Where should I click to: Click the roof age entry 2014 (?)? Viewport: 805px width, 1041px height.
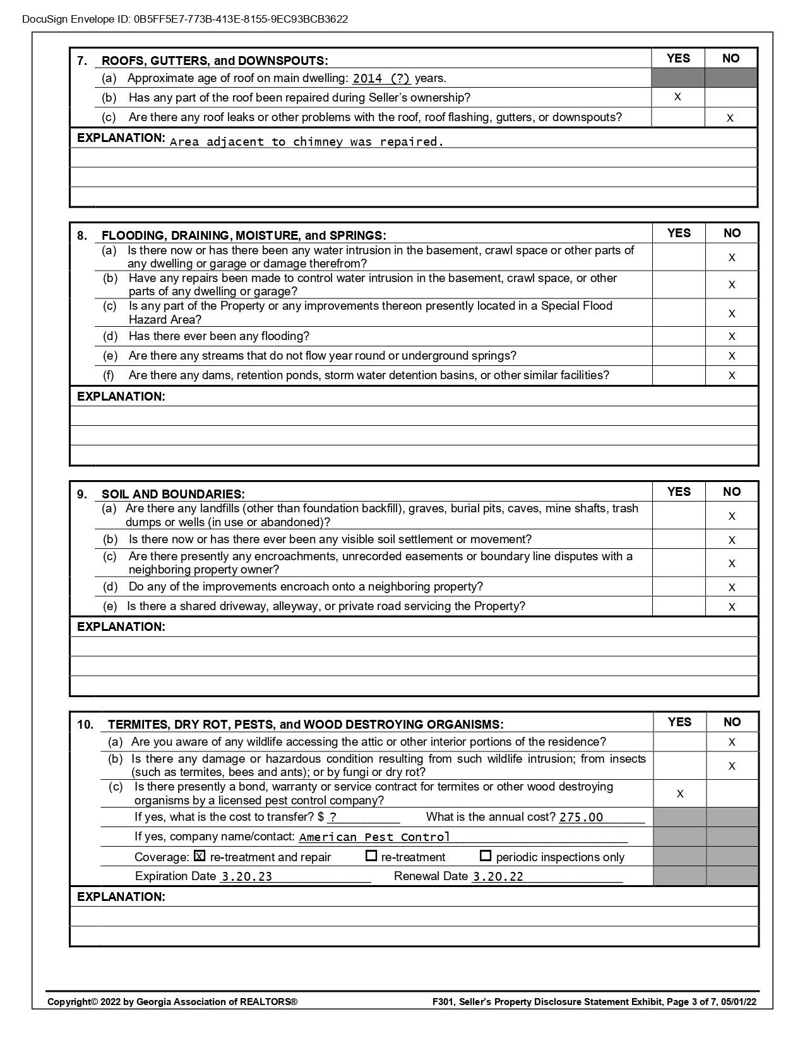pos(381,79)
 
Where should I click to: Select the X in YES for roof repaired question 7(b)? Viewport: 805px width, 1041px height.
pos(677,97)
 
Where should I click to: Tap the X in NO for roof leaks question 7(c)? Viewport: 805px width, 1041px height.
pos(730,118)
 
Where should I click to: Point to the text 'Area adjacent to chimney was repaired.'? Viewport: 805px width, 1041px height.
pos(307,142)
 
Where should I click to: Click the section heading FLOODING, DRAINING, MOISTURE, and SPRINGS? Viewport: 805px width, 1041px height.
pos(244,235)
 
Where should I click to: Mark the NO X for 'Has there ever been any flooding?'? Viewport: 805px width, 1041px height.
pos(732,337)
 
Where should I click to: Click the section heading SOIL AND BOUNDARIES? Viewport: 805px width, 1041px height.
pos(173,494)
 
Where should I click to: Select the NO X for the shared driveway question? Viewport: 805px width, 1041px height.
pos(732,607)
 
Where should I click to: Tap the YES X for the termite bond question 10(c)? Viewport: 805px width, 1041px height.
pos(680,794)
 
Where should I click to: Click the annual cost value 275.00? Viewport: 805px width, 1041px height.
pos(581,818)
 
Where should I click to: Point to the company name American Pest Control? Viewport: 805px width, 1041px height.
pos(374,837)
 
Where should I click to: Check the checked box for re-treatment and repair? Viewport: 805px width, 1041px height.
pos(200,857)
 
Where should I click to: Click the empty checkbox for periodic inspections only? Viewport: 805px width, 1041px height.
pos(486,856)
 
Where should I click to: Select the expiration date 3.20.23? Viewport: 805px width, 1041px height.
pos(246,877)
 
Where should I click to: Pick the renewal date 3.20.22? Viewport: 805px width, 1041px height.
pos(498,877)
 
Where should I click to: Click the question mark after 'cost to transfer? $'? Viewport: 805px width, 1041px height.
pos(333,818)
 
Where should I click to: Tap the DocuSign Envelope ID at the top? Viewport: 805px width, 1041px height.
pos(185,19)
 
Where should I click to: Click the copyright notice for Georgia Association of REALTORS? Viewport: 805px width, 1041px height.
pos(172,1001)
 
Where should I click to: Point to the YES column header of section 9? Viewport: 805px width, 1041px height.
pos(679,491)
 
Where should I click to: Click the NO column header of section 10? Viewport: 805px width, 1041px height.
pos(732,722)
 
